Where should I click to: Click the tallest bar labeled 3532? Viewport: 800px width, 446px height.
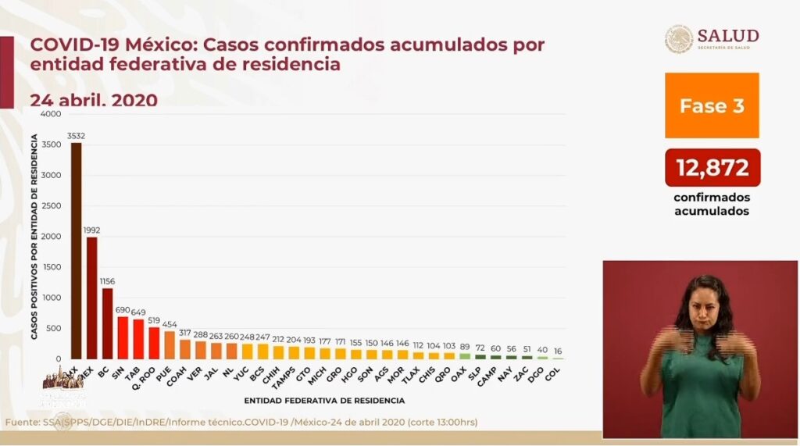[x=76, y=250]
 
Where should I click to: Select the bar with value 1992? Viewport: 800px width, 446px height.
[x=91, y=297]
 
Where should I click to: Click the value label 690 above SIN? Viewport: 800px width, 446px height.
[x=123, y=310]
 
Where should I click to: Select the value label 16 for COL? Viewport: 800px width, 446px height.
[x=557, y=351]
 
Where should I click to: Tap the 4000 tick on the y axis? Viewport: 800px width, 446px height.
[x=51, y=114]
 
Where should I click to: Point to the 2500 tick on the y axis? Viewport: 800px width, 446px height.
[x=51, y=206]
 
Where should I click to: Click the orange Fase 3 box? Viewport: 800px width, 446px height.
[x=712, y=106]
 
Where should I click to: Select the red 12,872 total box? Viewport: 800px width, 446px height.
[x=712, y=167]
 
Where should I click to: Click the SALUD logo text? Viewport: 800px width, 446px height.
[x=727, y=36]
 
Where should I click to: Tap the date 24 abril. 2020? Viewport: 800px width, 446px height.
[x=94, y=100]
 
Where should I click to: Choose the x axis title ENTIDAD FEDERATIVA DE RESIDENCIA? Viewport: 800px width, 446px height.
[x=324, y=401]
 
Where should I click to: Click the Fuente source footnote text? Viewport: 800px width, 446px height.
[x=241, y=423]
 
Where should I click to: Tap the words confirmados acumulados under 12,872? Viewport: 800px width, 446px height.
[x=711, y=204]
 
